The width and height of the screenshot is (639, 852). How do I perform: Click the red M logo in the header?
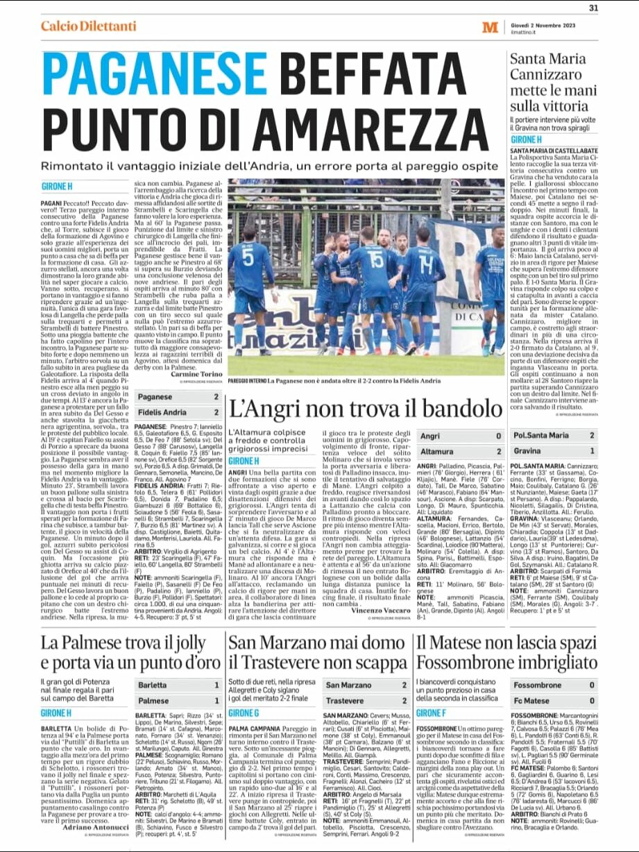(490, 27)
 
